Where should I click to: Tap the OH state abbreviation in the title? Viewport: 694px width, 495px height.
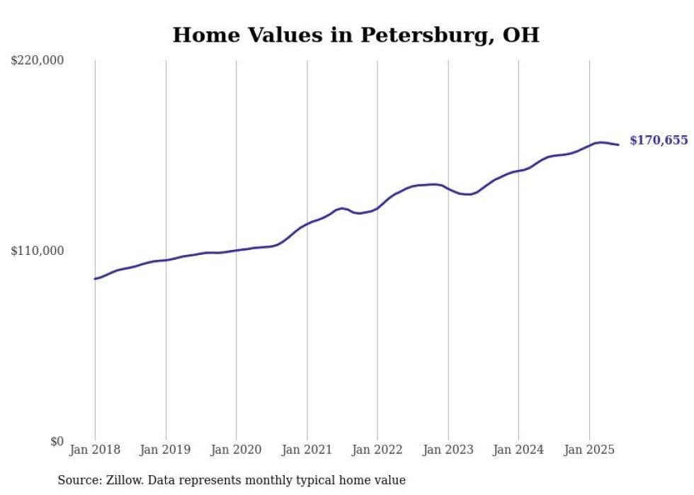pyautogui.click(x=521, y=35)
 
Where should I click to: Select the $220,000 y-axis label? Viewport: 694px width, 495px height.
pyautogui.click(x=37, y=60)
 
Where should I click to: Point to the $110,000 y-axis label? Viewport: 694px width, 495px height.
pyautogui.click(x=37, y=251)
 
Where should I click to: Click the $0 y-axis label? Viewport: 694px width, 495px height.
pyautogui.click(x=57, y=441)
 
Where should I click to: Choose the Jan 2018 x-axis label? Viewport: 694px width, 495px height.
pyautogui.click(x=95, y=450)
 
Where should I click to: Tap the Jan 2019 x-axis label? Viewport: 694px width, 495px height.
pyautogui.click(x=165, y=450)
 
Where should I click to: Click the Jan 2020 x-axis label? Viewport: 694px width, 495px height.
pyautogui.click(x=236, y=450)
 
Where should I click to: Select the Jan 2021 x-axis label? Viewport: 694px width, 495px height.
pyautogui.click(x=307, y=450)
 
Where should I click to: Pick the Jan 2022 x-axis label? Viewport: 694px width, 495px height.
pyautogui.click(x=377, y=450)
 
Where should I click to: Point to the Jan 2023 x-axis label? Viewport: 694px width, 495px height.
pyautogui.click(x=448, y=450)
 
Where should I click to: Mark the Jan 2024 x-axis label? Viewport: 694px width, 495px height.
pyautogui.click(x=518, y=450)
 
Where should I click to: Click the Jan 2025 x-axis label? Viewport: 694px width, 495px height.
pyautogui.click(x=589, y=450)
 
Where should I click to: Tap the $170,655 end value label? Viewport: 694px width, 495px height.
pyautogui.click(x=659, y=140)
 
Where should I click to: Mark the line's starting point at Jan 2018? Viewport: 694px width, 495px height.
pyautogui.click(x=95, y=279)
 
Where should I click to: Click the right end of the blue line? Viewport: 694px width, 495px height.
pyautogui.click(x=618, y=144)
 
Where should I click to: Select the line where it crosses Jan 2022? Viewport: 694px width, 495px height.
pyautogui.click(x=377, y=208)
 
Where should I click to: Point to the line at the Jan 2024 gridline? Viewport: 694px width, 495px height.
pyautogui.click(x=518, y=171)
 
